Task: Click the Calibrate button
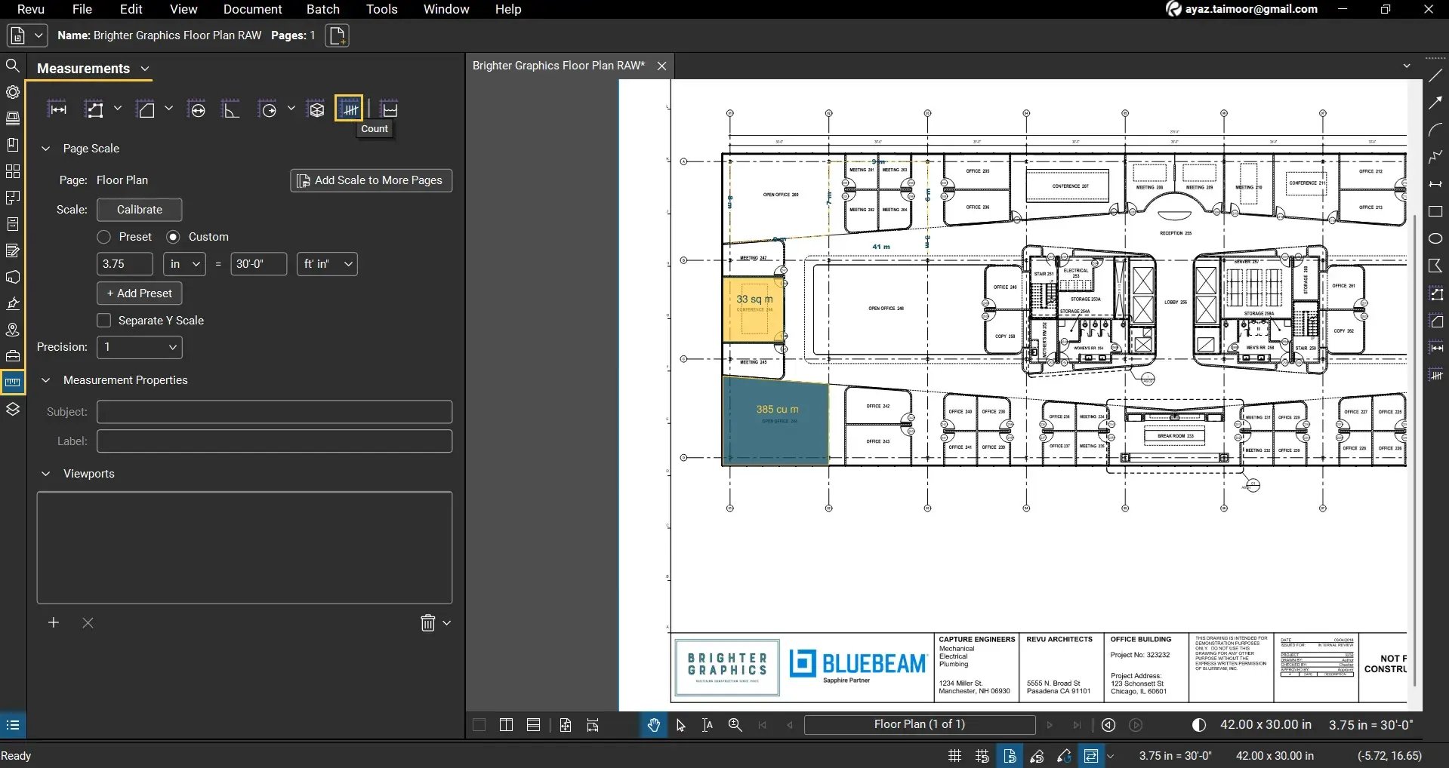pyautogui.click(x=139, y=210)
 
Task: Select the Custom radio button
pyautogui.click(x=173, y=237)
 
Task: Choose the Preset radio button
pyautogui.click(x=104, y=237)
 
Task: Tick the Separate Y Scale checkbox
pyautogui.click(x=104, y=321)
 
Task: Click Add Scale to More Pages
pyautogui.click(x=371, y=180)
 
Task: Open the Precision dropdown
pyautogui.click(x=140, y=347)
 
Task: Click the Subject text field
pyautogui.click(x=274, y=412)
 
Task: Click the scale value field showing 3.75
pyautogui.click(x=125, y=264)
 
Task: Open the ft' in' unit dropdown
pyautogui.click(x=327, y=264)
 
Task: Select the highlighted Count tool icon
pyautogui.click(x=349, y=109)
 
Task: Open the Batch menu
pyautogui.click(x=322, y=9)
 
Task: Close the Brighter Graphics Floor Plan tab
pyautogui.click(x=661, y=66)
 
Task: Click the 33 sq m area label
pyautogui.click(x=754, y=300)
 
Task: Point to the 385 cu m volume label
pyautogui.click(x=777, y=410)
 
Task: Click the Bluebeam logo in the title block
pyautogui.click(x=858, y=665)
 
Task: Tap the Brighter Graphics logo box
pyautogui.click(x=727, y=667)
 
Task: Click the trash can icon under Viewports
pyautogui.click(x=427, y=623)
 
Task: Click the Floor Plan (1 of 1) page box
pyautogui.click(x=919, y=725)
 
